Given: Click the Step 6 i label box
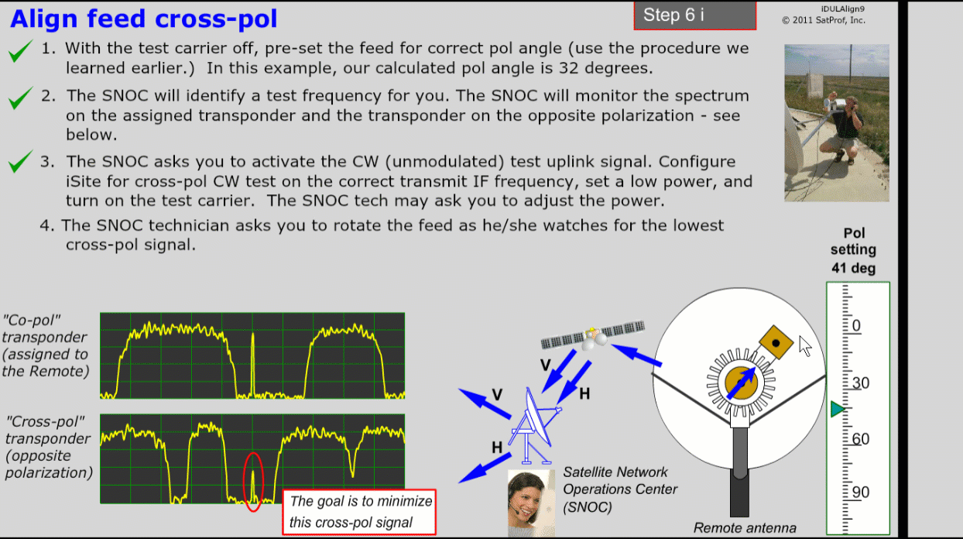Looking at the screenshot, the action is click(694, 15).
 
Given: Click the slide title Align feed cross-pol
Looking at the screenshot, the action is click(143, 19).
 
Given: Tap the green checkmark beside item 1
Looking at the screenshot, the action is click(20, 51).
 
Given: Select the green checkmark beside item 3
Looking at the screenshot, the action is click(20, 161).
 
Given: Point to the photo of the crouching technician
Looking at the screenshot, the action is click(837, 122).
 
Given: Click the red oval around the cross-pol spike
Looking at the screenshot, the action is click(253, 482).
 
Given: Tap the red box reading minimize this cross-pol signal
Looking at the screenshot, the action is click(359, 512).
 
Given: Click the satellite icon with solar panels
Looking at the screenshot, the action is click(593, 335).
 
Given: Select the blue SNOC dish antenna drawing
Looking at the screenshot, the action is click(533, 426).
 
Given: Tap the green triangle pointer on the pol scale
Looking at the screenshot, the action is click(838, 409).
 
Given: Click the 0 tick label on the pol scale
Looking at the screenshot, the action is click(856, 325).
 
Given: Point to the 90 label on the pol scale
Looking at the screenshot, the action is click(860, 492).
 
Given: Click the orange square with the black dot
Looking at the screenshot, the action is click(776, 342).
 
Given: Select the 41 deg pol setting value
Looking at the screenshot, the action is click(853, 268).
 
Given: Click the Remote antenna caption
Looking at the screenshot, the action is click(745, 528).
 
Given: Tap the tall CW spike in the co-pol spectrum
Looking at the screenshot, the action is click(253, 364).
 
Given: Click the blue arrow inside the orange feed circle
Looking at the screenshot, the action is click(741, 383).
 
